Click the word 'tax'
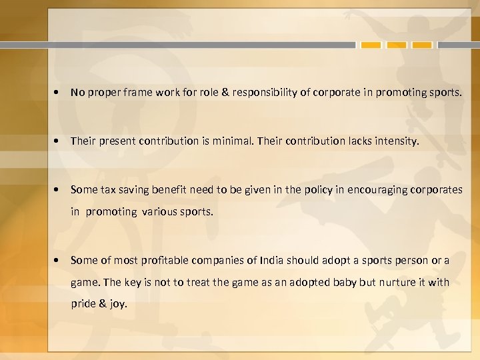[107, 189]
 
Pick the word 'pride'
[85, 304]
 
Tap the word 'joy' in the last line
[117, 304]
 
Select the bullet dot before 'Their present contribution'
[60, 141]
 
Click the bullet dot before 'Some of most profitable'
[60, 260]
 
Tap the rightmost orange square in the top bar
[422, 45]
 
